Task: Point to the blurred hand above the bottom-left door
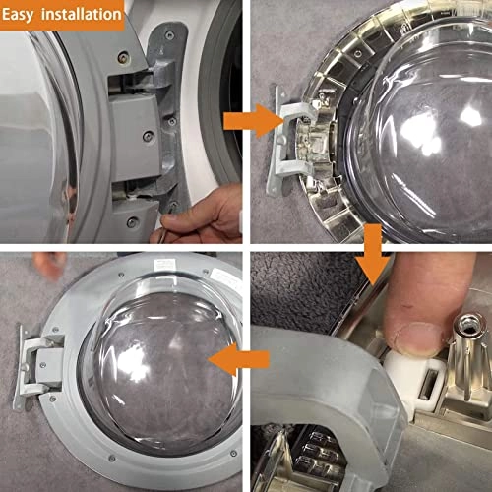coord(44,264)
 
